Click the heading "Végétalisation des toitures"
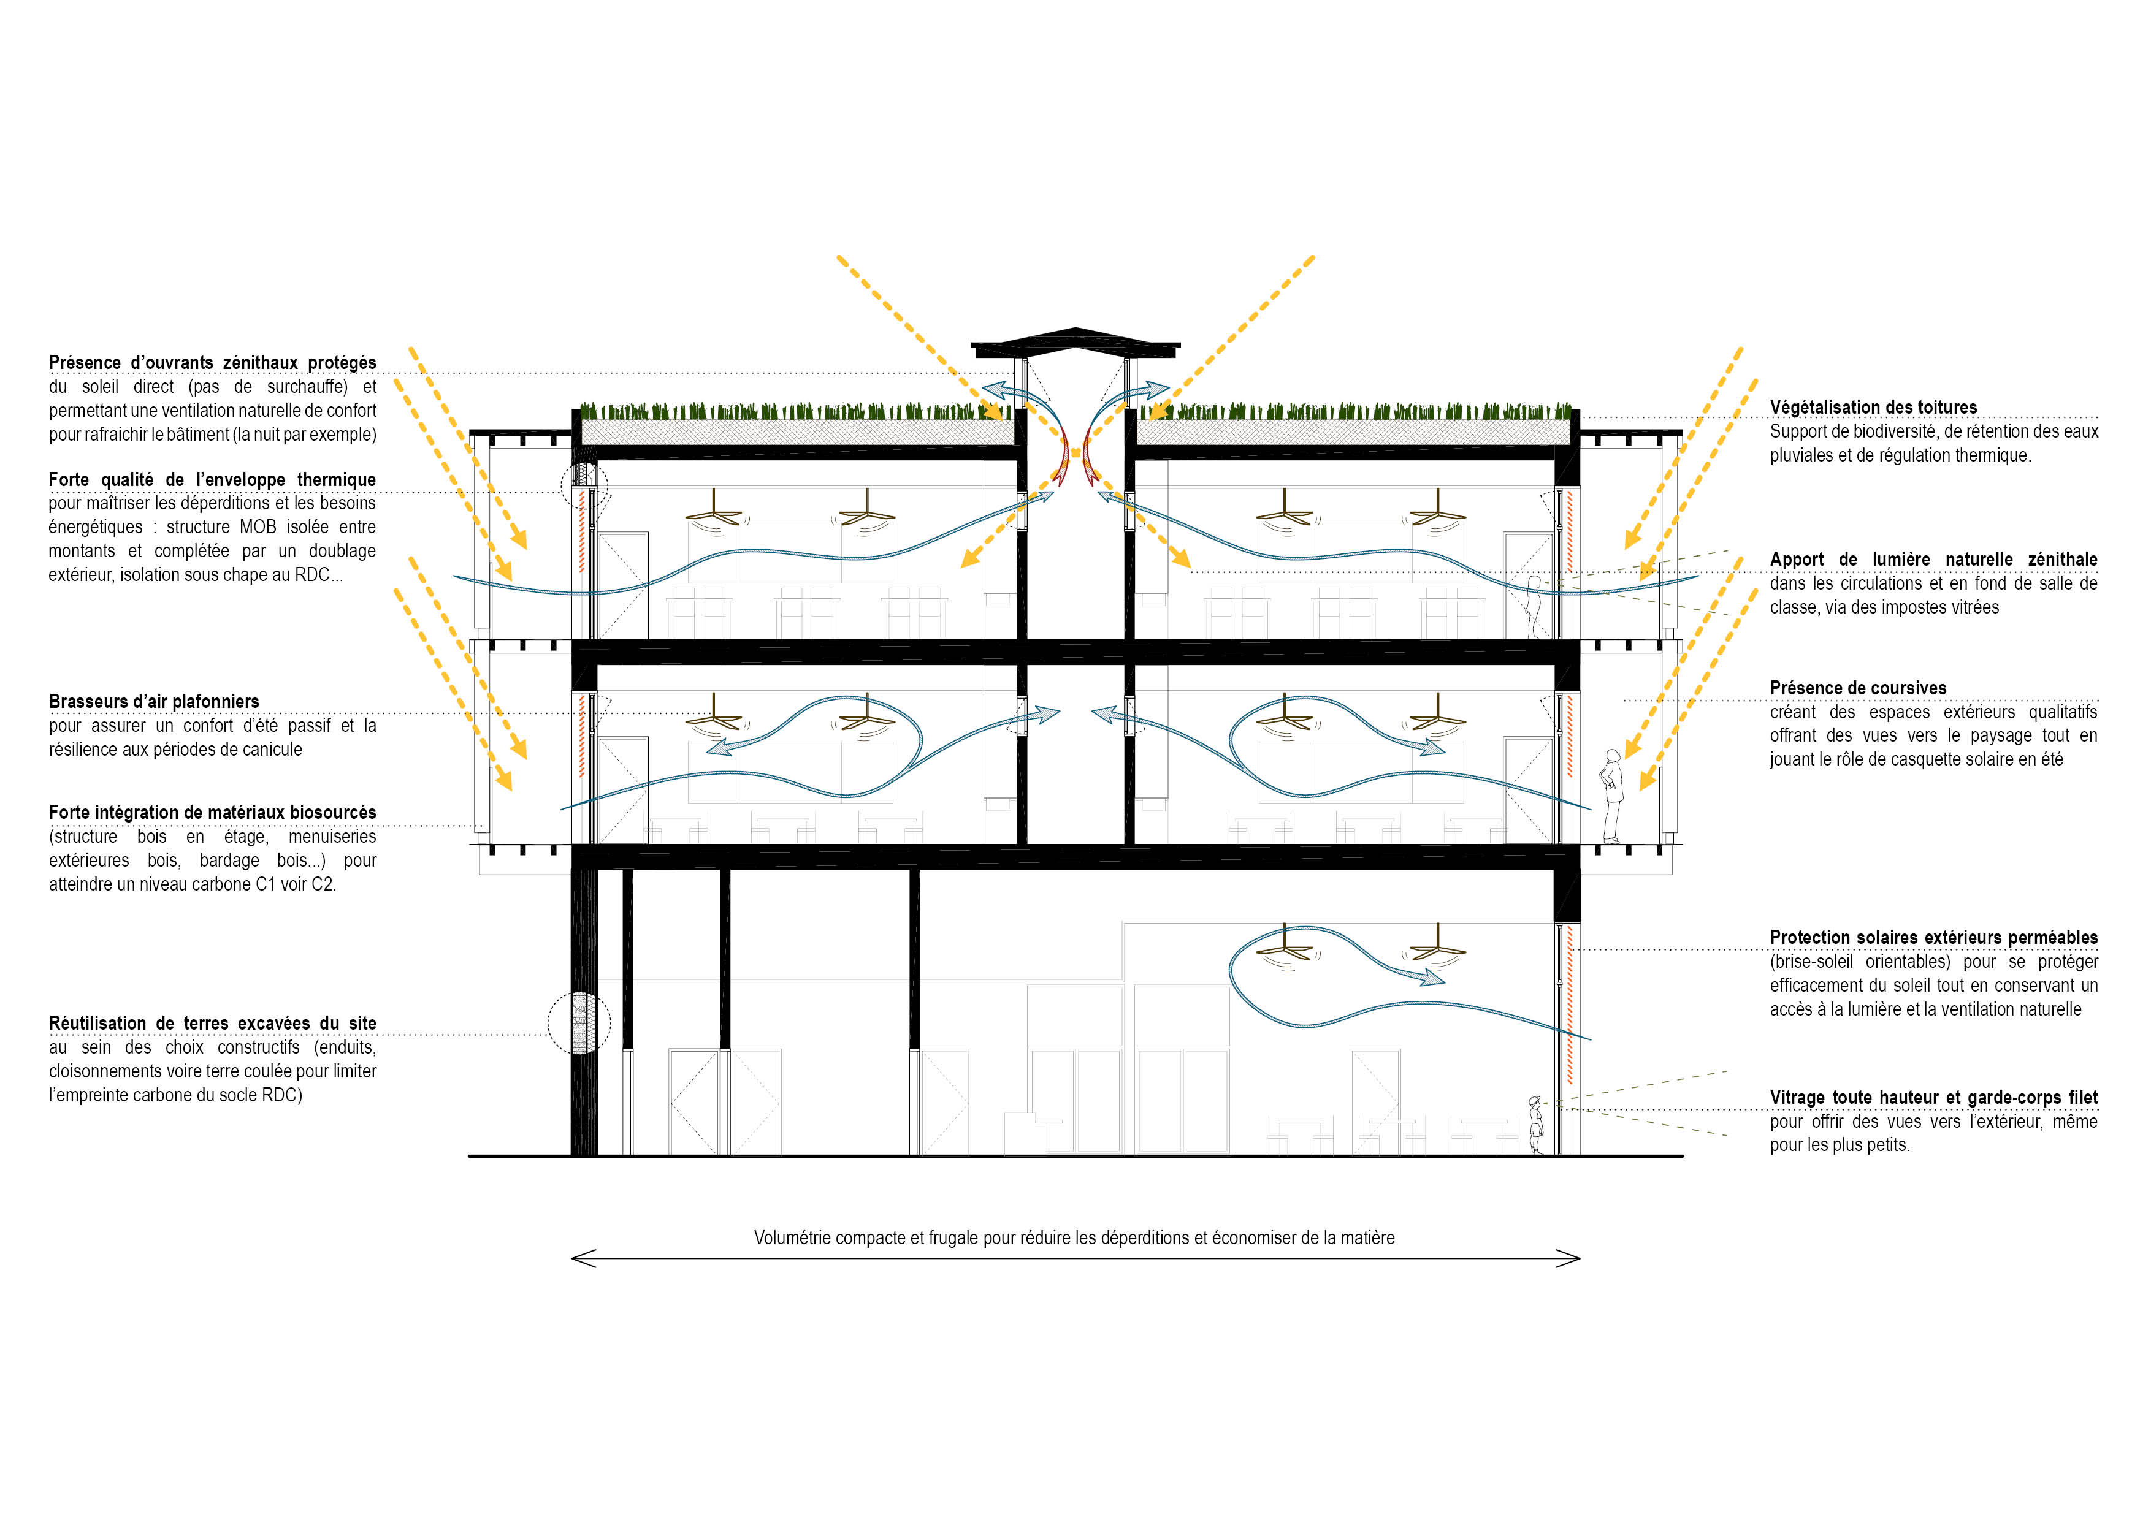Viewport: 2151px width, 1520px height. pyautogui.click(x=1873, y=408)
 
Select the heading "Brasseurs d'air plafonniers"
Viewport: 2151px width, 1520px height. pyautogui.click(x=154, y=701)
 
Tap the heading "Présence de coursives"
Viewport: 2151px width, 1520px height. pyautogui.click(x=1858, y=688)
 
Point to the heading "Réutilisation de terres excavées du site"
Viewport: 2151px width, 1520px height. pyautogui.click(x=213, y=1024)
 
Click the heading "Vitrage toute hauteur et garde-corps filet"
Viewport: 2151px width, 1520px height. pyautogui.click(x=1934, y=1098)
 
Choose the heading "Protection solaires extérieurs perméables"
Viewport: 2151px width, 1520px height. pyautogui.click(x=1934, y=938)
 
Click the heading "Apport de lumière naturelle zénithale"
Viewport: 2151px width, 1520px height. pyautogui.click(x=1934, y=559)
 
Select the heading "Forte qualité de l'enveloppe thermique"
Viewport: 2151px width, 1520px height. pyautogui.click(x=213, y=479)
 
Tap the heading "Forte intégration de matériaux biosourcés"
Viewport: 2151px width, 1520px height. pyautogui.click(x=213, y=813)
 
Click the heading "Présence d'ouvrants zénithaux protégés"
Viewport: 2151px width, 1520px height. pyautogui.click(x=213, y=362)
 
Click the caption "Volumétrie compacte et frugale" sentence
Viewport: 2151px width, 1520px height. pyautogui.click(x=1074, y=1238)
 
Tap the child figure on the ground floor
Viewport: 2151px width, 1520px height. pyautogui.click(x=1535, y=1125)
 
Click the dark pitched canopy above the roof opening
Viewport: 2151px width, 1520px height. pyautogui.click(x=1075, y=344)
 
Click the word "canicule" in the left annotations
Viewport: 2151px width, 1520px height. pyautogui.click(x=271, y=749)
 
